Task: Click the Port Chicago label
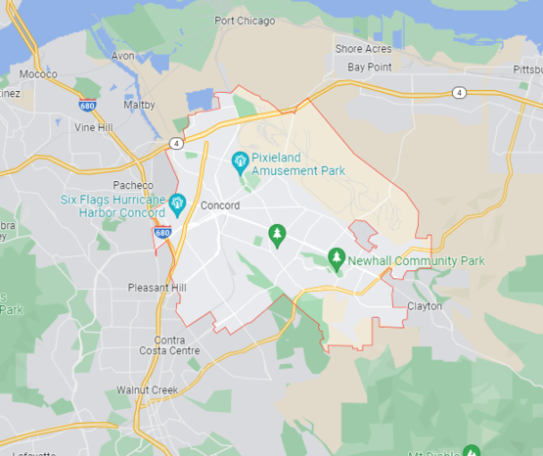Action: tap(246, 20)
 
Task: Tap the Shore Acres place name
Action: tap(363, 49)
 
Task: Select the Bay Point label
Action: tap(370, 68)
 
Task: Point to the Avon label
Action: tap(123, 56)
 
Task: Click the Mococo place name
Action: tap(38, 73)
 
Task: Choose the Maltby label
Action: tap(139, 104)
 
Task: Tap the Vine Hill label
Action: tap(93, 127)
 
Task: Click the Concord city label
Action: tap(219, 205)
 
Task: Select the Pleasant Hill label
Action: tap(157, 288)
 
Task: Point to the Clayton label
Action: tap(424, 306)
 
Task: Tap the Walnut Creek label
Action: tap(148, 389)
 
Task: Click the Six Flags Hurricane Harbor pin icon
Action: tap(177, 204)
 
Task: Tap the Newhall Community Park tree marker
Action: tap(337, 258)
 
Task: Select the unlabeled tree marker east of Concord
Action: tap(277, 235)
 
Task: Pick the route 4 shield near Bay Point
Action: tap(459, 92)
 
